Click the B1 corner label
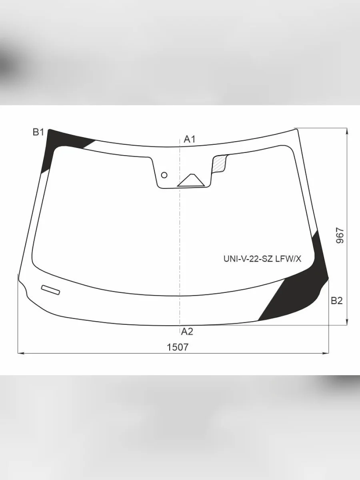[x=38, y=132]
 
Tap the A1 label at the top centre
[x=190, y=139]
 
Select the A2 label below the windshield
[x=187, y=332]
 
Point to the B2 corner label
[x=337, y=301]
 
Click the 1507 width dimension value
[x=178, y=347]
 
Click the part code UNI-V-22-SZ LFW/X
[x=262, y=259]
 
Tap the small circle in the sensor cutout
[x=164, y=175]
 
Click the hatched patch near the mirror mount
[x=220, y=163]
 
